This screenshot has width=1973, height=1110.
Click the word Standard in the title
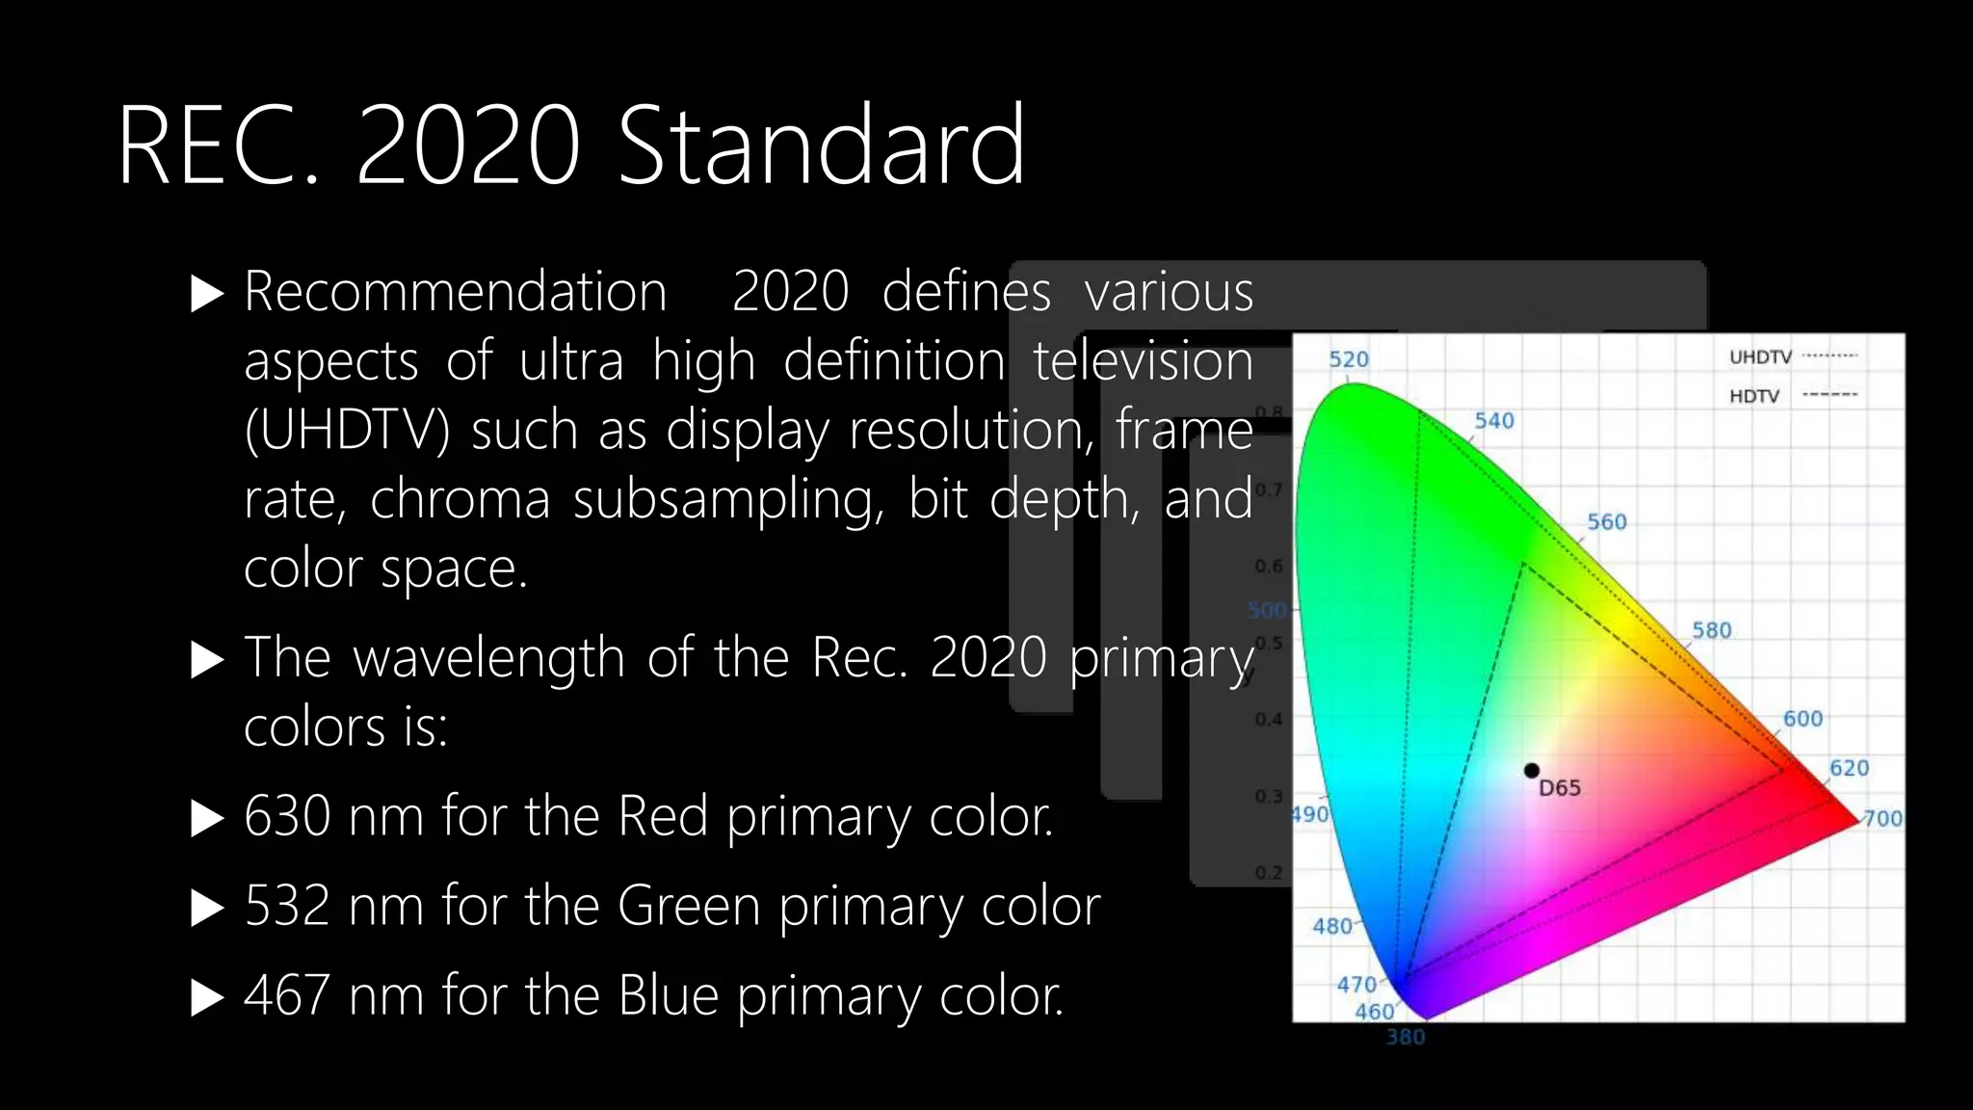(x=821, y=146)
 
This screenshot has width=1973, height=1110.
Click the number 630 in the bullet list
(x=286, y=816)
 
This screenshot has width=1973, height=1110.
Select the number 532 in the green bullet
(x=286, y=906)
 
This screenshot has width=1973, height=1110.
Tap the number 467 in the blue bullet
(x=286, y=995)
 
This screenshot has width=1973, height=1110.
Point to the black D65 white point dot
(x=1531, y=770)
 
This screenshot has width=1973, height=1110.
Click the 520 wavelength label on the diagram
(x=1348, y=359)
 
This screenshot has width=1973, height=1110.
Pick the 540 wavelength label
(x=1493, y=421)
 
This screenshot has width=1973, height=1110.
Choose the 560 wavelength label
(x=1606, y=522)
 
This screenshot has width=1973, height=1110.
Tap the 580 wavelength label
(x=1711, y=630)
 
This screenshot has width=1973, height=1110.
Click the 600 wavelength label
(x=1802, y=719)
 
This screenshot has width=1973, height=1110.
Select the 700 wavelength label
(x=1882, y=819)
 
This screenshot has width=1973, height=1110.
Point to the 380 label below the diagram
(x=1405, y=1037)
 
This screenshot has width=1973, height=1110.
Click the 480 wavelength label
(x=1331, y=926)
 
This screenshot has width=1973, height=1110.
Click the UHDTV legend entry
(x=1760, y=357)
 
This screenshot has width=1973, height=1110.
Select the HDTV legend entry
(x=1753, y=396)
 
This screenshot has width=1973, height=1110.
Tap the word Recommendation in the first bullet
(x=455, y=292)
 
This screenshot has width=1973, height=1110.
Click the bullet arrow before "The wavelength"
(x=207, y=660)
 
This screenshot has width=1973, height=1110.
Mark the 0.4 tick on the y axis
(x=1268, y=720)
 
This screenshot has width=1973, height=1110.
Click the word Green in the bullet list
(x=689, y=906)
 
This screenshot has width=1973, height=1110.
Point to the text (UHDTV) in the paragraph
(x=347, y=430)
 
